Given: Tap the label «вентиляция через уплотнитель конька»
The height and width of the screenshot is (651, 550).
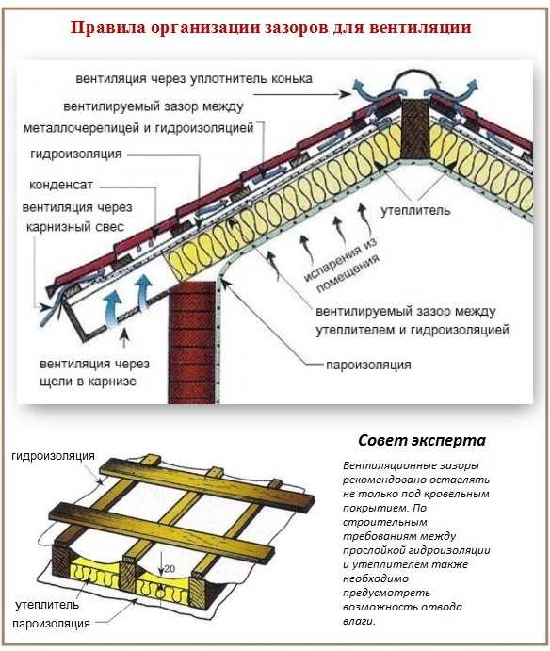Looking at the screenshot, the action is coord(194,79).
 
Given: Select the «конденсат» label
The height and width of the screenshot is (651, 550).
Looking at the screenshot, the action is coord(61,185).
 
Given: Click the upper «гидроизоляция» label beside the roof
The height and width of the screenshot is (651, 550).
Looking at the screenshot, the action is coord(76,154).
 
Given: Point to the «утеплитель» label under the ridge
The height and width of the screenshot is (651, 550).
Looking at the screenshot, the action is coord(415,210).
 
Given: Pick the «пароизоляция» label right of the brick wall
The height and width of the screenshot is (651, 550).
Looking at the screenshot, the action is coord(368,365).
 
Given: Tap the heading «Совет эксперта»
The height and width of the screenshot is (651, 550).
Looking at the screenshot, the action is coord(421,440).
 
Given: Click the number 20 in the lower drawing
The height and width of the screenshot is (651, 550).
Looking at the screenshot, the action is coord(170,569).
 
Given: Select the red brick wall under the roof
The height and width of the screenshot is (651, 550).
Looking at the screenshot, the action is coord(192,342).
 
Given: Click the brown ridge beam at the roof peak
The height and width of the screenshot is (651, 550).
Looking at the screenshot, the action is coord(415,129).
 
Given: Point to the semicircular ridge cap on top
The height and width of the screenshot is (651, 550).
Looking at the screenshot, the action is coord(415,80).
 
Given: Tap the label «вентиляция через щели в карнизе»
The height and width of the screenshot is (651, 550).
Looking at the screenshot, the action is coord(94,372).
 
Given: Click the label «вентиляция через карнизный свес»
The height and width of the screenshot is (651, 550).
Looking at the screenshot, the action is coord(77,217).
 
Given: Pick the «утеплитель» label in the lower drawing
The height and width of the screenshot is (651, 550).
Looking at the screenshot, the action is coord(47,605).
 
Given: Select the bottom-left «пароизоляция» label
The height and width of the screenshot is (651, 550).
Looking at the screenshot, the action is coord(51,624).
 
